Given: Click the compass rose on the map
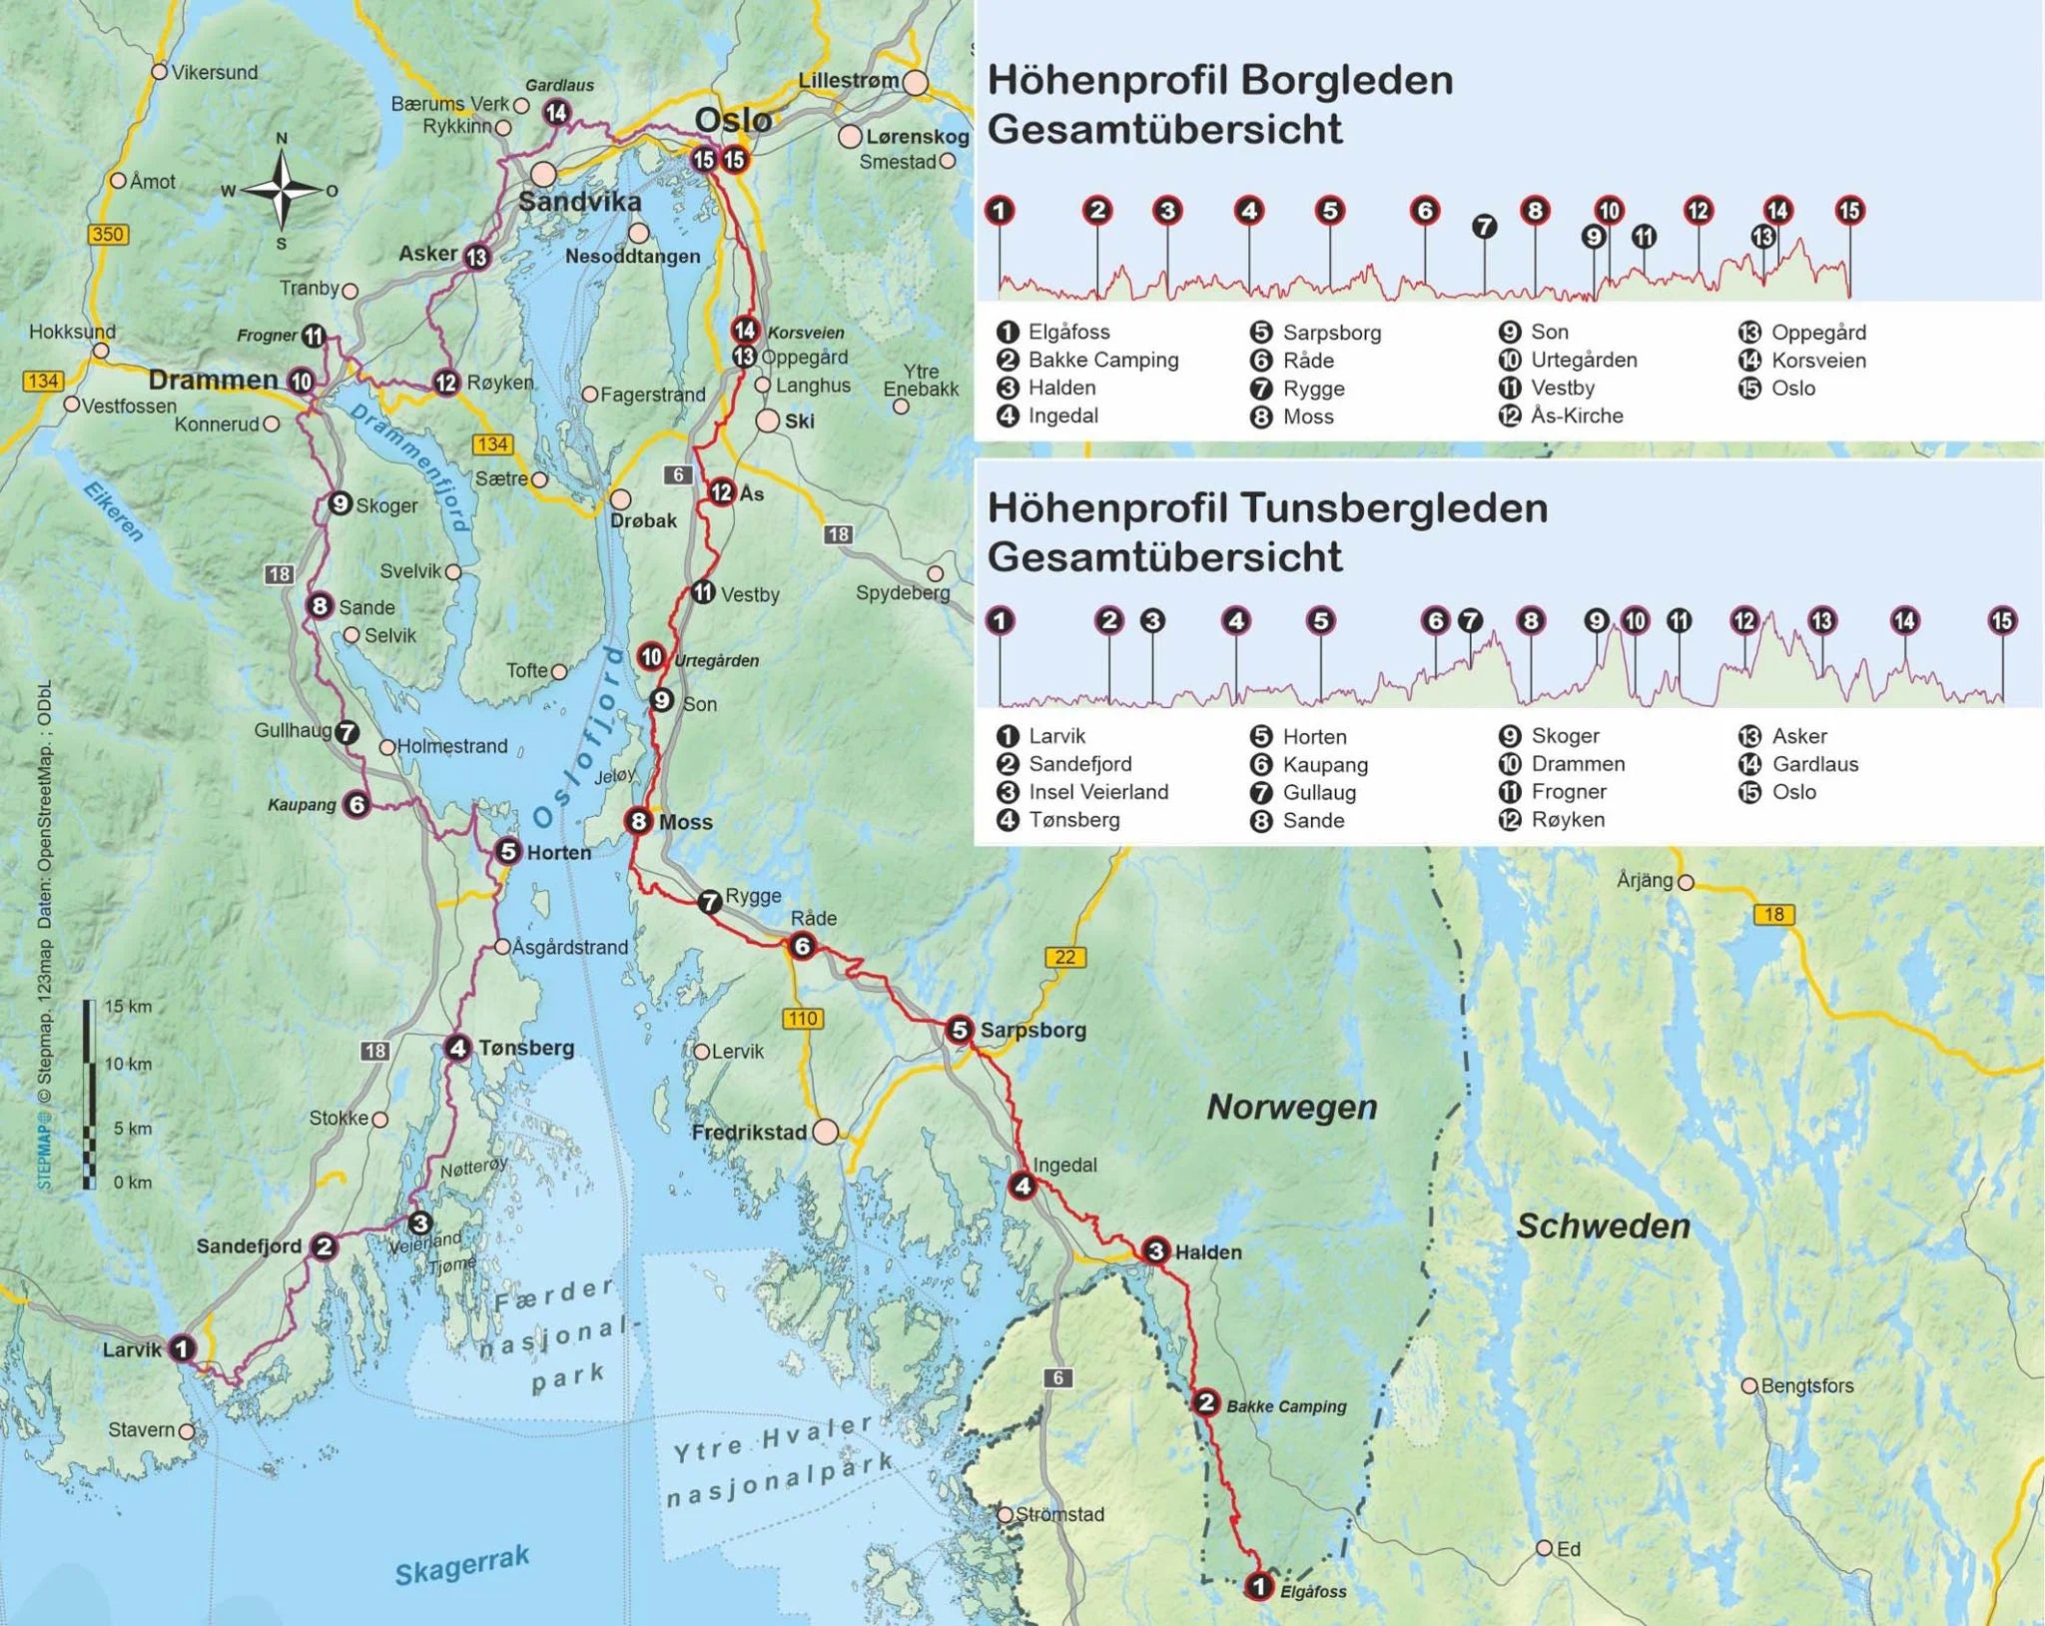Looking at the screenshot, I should pyautogui.click(x=282, y=189).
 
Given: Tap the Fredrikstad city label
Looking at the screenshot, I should pyautogui.click(x=749, y=1133).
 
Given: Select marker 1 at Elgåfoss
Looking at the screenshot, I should pyautogui.click(x=1259, y=1585).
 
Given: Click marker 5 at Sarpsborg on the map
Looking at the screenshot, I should pyautogui.click(x=959, y=1030).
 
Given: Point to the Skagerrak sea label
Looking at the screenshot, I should pyautogui.click(x=461, y=1564).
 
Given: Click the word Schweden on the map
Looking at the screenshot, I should pyautogui.click(x=1603, y=1225).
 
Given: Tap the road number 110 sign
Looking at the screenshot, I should pyautogui.click(x=802, y=1019).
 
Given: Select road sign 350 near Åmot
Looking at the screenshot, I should pyautogui.click(x=107, y=235).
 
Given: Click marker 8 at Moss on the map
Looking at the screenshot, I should pyautogui.click(x=639, y=821).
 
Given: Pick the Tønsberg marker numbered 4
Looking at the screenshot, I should pyautogui.click(x=457, y=1048).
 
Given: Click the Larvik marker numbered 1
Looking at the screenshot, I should pyautogui.click(x=181, y=1349).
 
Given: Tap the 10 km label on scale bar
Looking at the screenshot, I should pyautogui.click(x=128, y=1064).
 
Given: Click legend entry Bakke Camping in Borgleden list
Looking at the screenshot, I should pyautogui.click(x=1102, y=360).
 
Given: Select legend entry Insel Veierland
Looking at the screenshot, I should pyautogui.click(x=1097, y=792).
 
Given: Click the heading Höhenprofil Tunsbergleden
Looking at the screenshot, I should pyautogui.click(x=1267, y=508).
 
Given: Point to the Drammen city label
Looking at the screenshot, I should pyautogui.click(x=213, y=380).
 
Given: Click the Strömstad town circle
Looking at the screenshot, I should pyautogui.click(x=1006, y=1514).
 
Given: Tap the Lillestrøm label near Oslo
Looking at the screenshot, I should pyautogui.click(x=848, y=80).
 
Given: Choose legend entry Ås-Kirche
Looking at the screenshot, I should pyautogui.click(x=1576, y=415).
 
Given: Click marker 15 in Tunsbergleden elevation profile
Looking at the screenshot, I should pyautogui.click(x=2001, y=621).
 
